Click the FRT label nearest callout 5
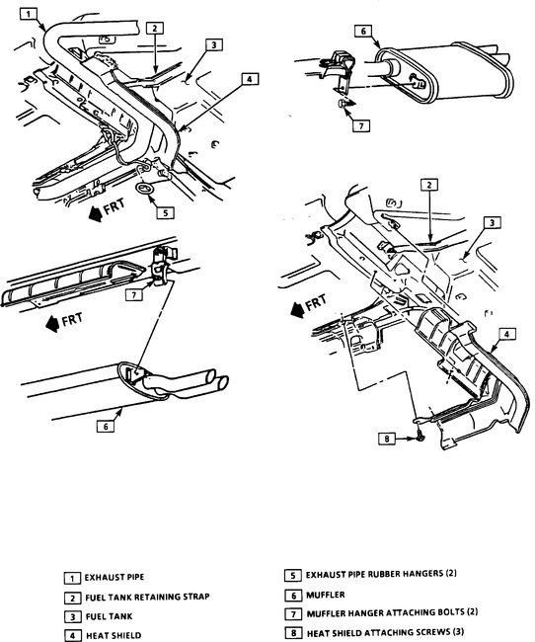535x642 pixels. tap(108, 212)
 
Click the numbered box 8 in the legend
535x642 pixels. tap(291, 634)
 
